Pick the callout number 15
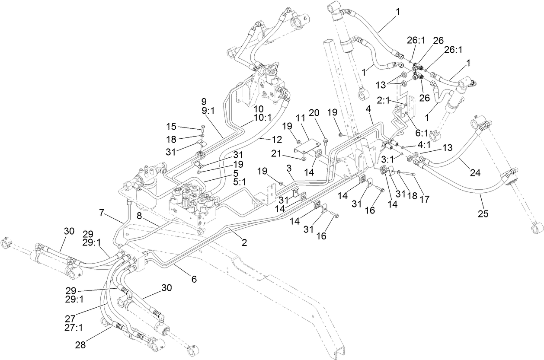pyautogui.click(x=172, y=127)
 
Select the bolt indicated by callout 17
pyautogui.click(x=410, y=173)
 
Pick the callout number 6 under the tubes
pyautogui.click(x=194, y=279)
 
